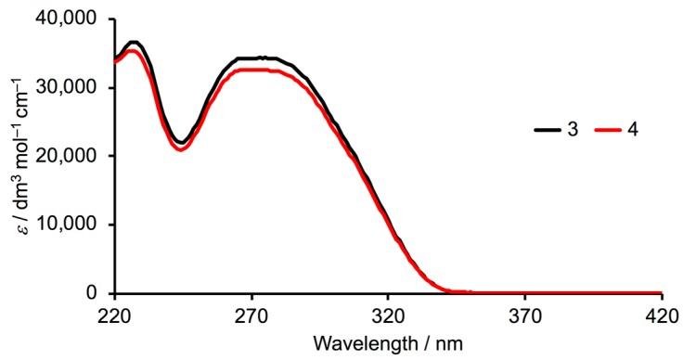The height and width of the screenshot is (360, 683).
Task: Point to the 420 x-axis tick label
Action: click(661, 315)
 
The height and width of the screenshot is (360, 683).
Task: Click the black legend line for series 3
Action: click(546, 130)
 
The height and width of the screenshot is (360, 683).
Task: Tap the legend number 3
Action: click(573, 130)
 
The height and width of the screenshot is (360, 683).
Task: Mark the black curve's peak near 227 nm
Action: click(134, 42)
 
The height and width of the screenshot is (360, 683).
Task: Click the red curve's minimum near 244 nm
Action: click(181, 149)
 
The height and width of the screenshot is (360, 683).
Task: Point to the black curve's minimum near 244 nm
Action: click(182, 142)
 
